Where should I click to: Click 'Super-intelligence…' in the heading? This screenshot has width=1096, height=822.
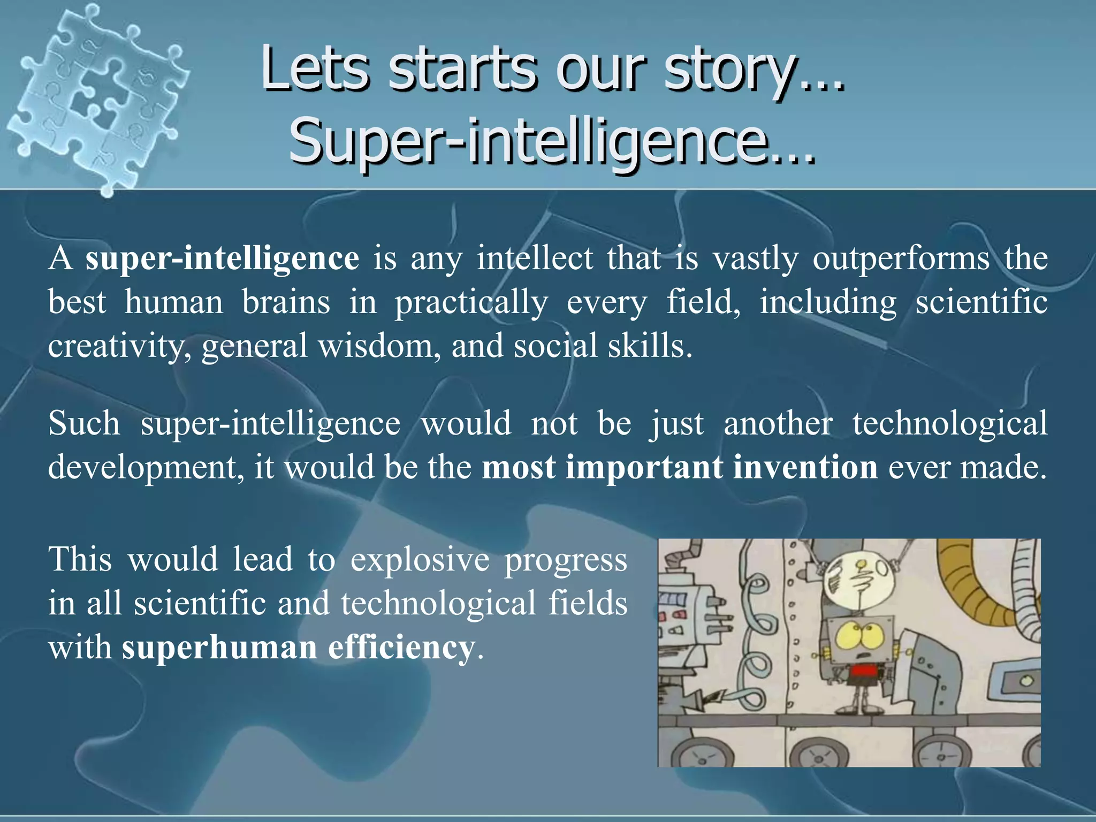[551, 141]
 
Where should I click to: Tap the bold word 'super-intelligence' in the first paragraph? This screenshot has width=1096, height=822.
[222, 258]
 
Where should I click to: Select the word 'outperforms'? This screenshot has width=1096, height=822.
[901, 258]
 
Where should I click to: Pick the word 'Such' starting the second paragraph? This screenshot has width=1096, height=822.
[84, 423]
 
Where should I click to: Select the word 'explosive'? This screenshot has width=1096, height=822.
[420, 559]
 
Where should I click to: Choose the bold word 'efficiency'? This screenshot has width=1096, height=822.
[401, 647]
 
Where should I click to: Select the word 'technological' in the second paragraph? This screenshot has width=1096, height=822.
[949, 423]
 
